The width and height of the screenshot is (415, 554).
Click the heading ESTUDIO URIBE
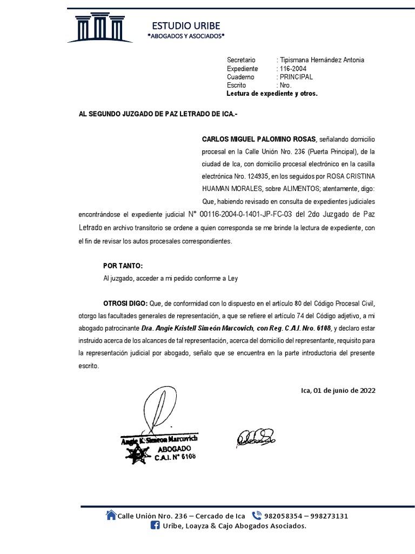[186, 25]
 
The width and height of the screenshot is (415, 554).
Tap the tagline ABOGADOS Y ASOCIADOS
[186, 36]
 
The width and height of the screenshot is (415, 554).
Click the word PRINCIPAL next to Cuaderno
[297, 77]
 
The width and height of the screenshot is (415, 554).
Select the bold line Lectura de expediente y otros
[272, 94]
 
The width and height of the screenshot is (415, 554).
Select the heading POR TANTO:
[123, 266]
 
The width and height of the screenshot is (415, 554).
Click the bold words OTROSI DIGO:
[125, 302]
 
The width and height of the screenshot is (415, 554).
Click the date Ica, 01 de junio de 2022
[338, 390]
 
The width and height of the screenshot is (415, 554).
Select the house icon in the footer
[111, 515]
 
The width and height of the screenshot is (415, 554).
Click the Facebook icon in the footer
[155, 526]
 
